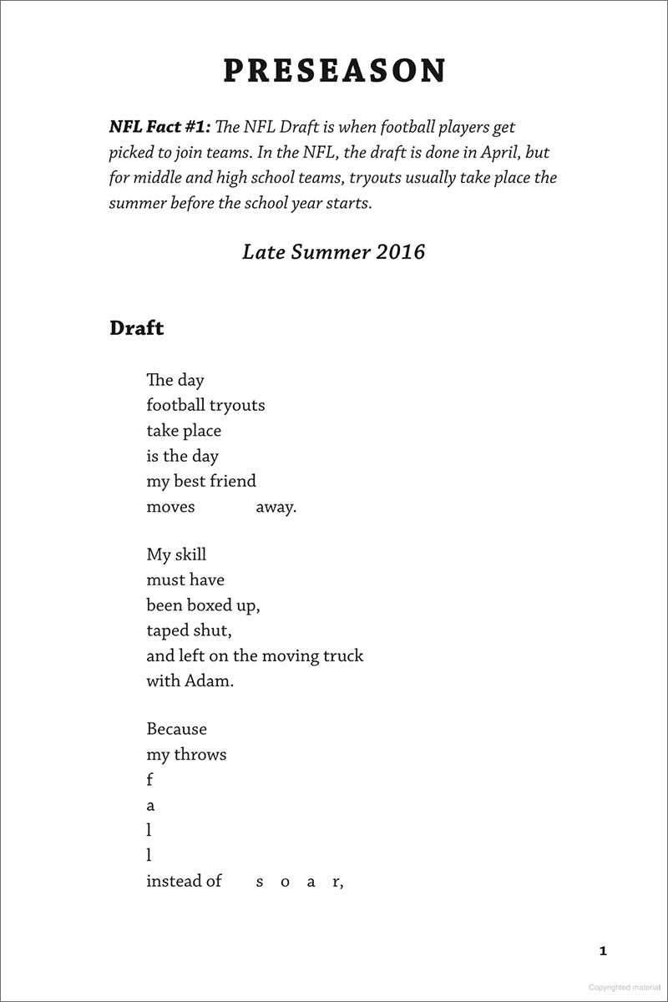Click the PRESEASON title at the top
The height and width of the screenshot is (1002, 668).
tap(334, 71)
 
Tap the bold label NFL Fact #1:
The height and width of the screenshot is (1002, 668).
tap(160, 127)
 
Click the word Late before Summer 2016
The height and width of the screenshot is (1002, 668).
tap(262, 251)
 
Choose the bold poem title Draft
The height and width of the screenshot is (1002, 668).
tap(136, 328)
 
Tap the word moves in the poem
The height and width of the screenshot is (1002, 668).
tap(170, 506)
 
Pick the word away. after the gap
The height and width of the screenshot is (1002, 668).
tap(276, 506)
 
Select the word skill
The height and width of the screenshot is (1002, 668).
tap(190, 554)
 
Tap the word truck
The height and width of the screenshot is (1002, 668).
tap(342, 655)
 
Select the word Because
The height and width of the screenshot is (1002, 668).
tap(176, 729)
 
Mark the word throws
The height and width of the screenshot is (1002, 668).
tap(200, 755)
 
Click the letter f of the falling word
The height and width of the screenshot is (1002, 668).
tap(149, 780)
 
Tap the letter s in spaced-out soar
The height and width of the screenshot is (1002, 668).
tap(260, 882)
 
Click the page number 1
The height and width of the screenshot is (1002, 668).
tap(603, 950)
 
